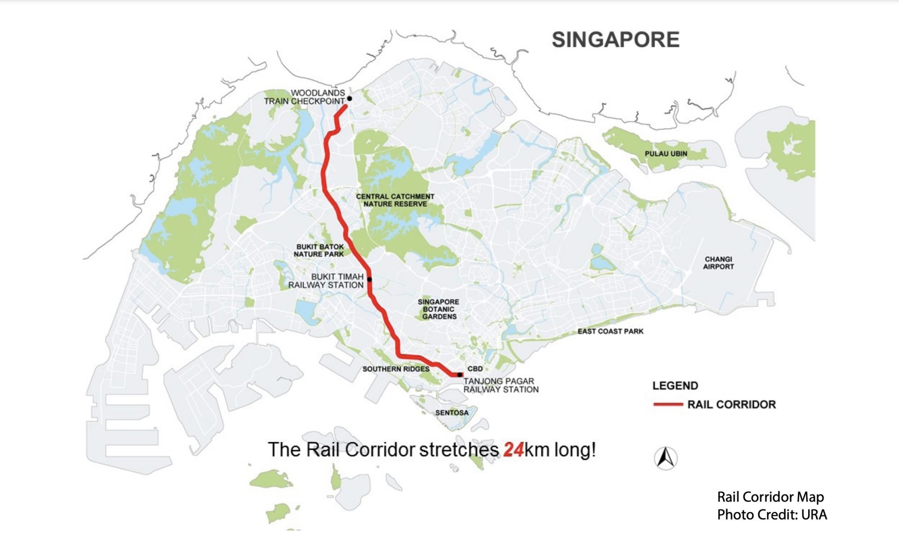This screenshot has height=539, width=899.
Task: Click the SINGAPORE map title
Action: (615, 40)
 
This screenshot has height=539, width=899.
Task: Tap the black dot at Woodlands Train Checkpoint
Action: (349, 98)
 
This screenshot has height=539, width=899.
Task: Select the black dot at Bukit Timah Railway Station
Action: (369, 279)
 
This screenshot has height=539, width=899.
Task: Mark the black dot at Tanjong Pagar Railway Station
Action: (460, 374)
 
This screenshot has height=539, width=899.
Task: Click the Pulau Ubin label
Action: (666, 154)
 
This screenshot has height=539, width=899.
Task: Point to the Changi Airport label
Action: (718, 263)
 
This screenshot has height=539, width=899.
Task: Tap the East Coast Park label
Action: (610, 331)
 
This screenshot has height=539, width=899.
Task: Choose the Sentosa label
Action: (452, 413)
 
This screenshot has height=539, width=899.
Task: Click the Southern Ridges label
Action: (396, 369)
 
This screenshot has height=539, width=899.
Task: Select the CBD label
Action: (475, 369)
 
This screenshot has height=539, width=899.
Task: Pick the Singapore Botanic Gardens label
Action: (438, 309)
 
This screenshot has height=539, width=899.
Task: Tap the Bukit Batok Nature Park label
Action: (319, 250)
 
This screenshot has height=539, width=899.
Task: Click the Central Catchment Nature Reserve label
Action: (395, 200)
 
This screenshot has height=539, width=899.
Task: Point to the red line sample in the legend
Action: (668, 405)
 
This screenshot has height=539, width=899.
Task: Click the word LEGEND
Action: (675, 386)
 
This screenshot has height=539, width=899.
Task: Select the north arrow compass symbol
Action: (666, 459)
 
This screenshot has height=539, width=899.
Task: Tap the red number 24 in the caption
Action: (513, 450)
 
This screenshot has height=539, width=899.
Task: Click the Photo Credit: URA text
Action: (772, 514)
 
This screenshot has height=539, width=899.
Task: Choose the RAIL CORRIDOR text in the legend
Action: (731, 405)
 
